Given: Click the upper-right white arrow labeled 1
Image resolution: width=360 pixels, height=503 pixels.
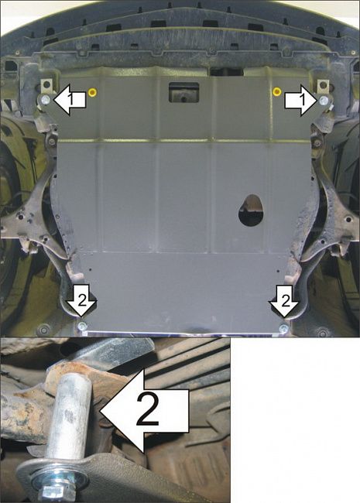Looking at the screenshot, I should (297, 98).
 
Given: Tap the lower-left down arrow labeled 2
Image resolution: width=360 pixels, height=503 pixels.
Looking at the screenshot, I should (81, 300).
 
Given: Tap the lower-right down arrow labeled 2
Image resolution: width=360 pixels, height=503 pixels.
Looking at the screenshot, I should (283, 300).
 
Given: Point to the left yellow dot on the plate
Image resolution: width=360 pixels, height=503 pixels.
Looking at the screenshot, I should (93, 92).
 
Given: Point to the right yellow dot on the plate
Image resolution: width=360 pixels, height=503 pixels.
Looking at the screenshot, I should (276, 91).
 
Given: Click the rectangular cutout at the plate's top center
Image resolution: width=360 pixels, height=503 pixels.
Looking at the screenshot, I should (183, 91).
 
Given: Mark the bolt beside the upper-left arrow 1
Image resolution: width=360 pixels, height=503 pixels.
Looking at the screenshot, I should (47, 100).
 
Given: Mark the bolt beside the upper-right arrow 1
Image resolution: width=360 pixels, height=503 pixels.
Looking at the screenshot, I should (321, 100).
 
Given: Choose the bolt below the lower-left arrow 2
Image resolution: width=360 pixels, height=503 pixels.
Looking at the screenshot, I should (82, 328).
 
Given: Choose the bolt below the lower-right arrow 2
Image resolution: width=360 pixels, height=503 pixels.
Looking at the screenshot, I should (284, 329).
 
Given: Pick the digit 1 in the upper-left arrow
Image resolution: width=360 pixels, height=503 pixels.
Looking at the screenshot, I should (70, 99).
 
